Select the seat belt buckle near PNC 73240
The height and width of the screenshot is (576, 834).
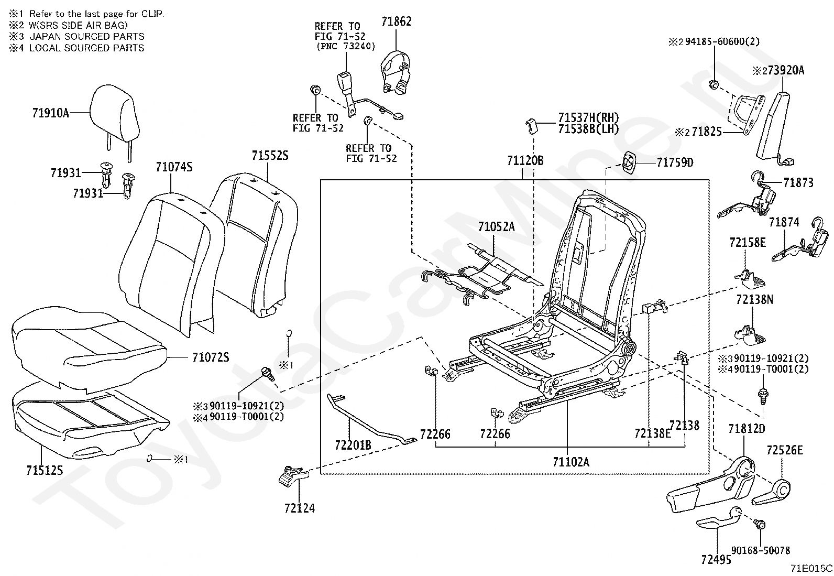[345, 84]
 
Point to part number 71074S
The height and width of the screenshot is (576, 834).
[174, 167]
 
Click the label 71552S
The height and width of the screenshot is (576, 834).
[270, 155]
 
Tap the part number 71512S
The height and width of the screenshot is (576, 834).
[45, 470]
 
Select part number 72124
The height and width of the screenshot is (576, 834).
[300, 507]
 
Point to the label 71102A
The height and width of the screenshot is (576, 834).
[570, 462]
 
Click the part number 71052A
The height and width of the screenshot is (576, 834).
[496, 226]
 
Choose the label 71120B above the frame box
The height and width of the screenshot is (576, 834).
[525, 161]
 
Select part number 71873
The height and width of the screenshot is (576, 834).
[798, 183]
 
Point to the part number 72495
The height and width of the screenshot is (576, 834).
[716, 560]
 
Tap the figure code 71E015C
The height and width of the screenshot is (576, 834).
[811, 568]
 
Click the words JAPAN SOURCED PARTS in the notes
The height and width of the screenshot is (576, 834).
[86, 36]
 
